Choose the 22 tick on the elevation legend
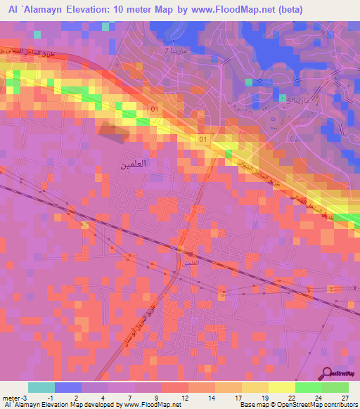coord(292,397)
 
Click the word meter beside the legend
coord(10,397)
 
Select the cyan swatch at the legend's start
coord(41,387)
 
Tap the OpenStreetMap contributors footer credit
coord(315,405)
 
